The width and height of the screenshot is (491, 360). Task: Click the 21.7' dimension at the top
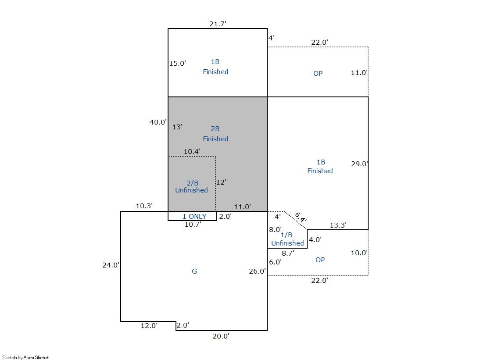point(218,24)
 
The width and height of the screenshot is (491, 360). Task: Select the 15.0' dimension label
point(178,63)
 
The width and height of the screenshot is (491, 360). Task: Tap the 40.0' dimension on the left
point(158,122)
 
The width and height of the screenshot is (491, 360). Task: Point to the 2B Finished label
point(215,134)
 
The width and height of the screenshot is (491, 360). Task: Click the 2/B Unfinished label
point(191,186)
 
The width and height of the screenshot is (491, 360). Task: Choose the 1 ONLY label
point(194,216)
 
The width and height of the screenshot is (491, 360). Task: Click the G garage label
point(194,271)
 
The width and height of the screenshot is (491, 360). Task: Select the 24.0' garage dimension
point(111,265)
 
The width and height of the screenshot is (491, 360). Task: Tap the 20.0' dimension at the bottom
point(221,336)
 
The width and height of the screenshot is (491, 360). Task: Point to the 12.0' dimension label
point(149,325)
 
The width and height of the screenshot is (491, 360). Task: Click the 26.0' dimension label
point(257,271)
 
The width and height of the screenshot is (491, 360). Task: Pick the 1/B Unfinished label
point(287,239)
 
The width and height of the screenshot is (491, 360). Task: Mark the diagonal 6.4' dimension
point(301,217)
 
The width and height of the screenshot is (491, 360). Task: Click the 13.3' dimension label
point(338,225)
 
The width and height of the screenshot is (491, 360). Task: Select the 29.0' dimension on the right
point(359,164)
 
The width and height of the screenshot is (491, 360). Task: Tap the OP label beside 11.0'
point(318,73)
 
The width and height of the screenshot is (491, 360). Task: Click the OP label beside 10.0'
point(320,260)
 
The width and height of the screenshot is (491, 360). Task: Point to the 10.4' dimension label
point(192,152)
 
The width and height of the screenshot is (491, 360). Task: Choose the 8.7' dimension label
point(288,253)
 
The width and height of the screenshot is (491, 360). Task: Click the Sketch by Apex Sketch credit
point(26,357)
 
